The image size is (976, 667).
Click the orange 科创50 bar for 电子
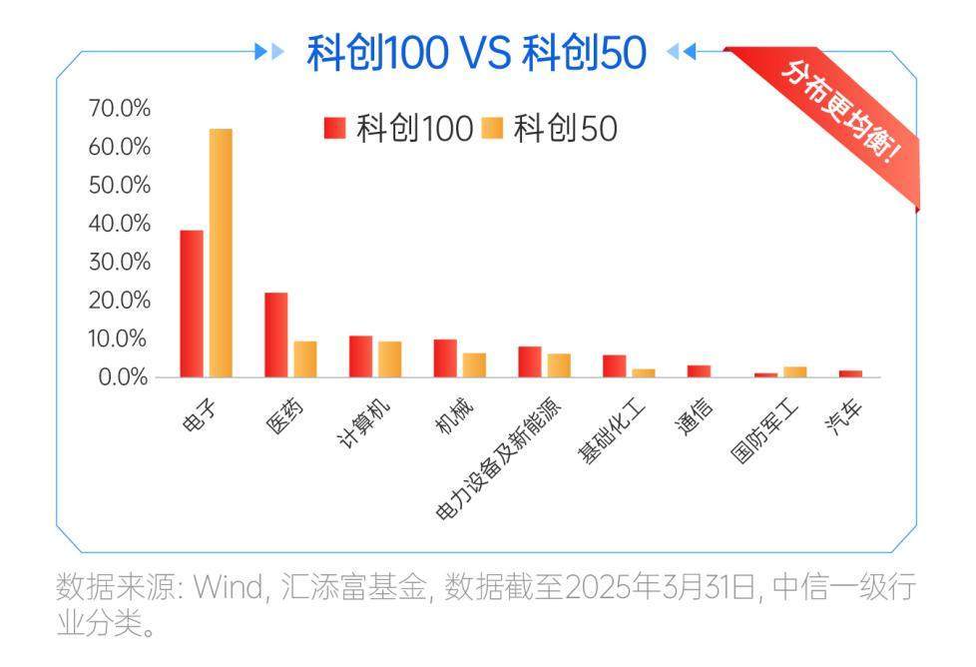pos(221,253)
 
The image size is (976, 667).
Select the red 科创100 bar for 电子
pos(192,304)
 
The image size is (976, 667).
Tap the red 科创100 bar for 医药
pos(276,334)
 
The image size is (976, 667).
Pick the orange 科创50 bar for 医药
pos(305,359)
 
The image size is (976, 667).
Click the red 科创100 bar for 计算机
pos(360,356)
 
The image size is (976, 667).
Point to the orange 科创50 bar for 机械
pos(474,365)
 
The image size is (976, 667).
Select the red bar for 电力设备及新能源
pos(530,361)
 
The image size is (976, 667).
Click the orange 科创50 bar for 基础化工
pos(644,373)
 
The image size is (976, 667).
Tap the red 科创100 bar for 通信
pos(700,371)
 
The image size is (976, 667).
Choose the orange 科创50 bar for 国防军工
pos(794,372)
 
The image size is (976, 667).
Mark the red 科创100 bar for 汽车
pos(850,373)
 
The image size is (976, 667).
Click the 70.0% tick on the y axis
pos(120,108)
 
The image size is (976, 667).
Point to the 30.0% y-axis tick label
pos(120,262)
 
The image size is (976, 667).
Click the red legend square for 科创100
pos(334,128)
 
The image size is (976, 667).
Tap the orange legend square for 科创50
pos(491,128)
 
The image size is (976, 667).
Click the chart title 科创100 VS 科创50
pos(476,52)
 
